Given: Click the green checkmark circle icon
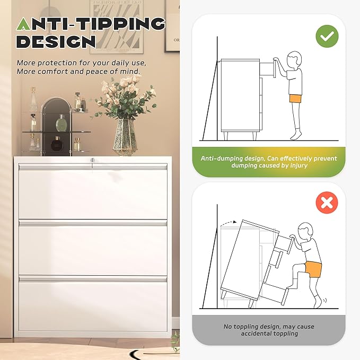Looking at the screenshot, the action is click(x=327, y=36).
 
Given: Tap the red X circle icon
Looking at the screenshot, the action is click(x=327, y=203).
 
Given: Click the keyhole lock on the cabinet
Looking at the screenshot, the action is click(x=93, y=160).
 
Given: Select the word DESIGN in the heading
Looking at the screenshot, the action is click(x=56, y=41).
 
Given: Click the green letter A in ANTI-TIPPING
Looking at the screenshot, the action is click(x=24, y=24).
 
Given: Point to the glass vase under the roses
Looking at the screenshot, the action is click(x=125, y=137).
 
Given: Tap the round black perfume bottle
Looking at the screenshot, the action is click(x=56, y=144).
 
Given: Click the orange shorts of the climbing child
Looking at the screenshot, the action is click(x=313, y=269).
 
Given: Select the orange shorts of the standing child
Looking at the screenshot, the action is click(x=295, y=99).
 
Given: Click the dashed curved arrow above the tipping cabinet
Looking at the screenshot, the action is click(x=228, y=223).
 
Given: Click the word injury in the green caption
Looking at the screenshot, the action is click(x=298, y=165).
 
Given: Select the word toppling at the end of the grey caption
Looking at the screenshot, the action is click(x=286, y=333).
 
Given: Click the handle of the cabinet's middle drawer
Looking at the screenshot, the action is click(x=93, y=223).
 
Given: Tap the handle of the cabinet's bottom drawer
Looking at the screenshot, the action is click(x=93, y=279).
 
